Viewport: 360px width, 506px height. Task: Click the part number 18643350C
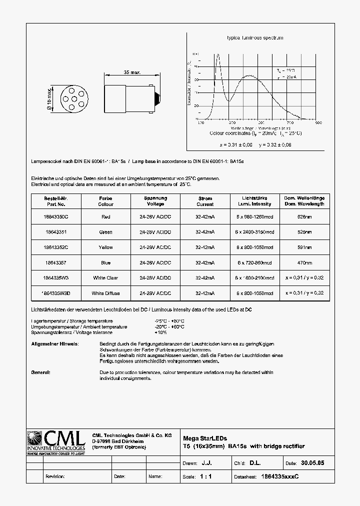(55, 217)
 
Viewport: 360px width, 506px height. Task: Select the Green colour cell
(105, 232)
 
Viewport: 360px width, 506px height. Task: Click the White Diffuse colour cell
(105, 293)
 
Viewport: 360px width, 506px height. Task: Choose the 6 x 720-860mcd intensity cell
(255, 262)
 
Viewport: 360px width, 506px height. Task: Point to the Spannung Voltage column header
(155, 201)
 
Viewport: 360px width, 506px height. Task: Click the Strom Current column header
(204, 201)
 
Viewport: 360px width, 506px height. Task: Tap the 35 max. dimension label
(132, 72)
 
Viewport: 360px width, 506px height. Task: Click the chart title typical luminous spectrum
(255, 38)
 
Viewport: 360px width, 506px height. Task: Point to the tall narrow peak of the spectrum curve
(217, 55)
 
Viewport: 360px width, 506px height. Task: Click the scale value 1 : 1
(205, 476)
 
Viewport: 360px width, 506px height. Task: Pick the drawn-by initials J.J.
(206, 463)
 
